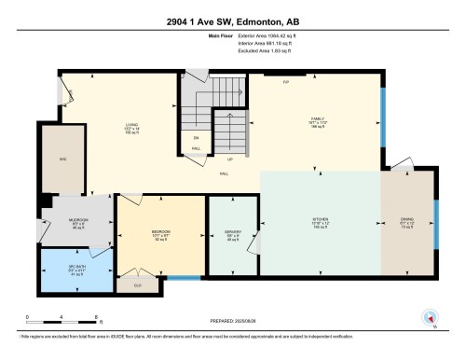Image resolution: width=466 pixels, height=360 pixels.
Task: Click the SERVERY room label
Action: [x=233, y=233]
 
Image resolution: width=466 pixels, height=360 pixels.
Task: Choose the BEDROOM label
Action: [x=161, y=233]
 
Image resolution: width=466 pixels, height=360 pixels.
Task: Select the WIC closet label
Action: [x=40, y=159]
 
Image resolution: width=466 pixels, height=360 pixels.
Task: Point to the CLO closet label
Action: [x=138, y=285]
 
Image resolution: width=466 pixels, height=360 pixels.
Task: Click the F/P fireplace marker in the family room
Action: [x=286, y=81]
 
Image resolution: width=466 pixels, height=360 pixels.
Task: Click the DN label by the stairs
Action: [x=195, y=138]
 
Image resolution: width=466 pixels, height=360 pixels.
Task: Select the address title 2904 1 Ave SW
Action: [x=232, y=21]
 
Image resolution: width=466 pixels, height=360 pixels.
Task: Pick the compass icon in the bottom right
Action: [x=430, y=316]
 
